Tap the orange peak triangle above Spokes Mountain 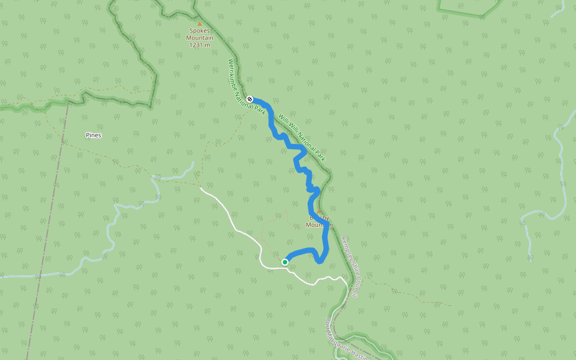pos(200,25)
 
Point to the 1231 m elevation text pos(200,45)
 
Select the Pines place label pos(93,135)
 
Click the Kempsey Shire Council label pos(349,267)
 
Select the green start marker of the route pos(285,262)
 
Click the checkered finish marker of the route pos(250,99)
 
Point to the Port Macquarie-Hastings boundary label pos(348,340)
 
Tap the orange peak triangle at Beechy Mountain pos(320,211)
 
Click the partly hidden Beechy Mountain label pos(319,221)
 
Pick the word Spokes pos(200,31)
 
